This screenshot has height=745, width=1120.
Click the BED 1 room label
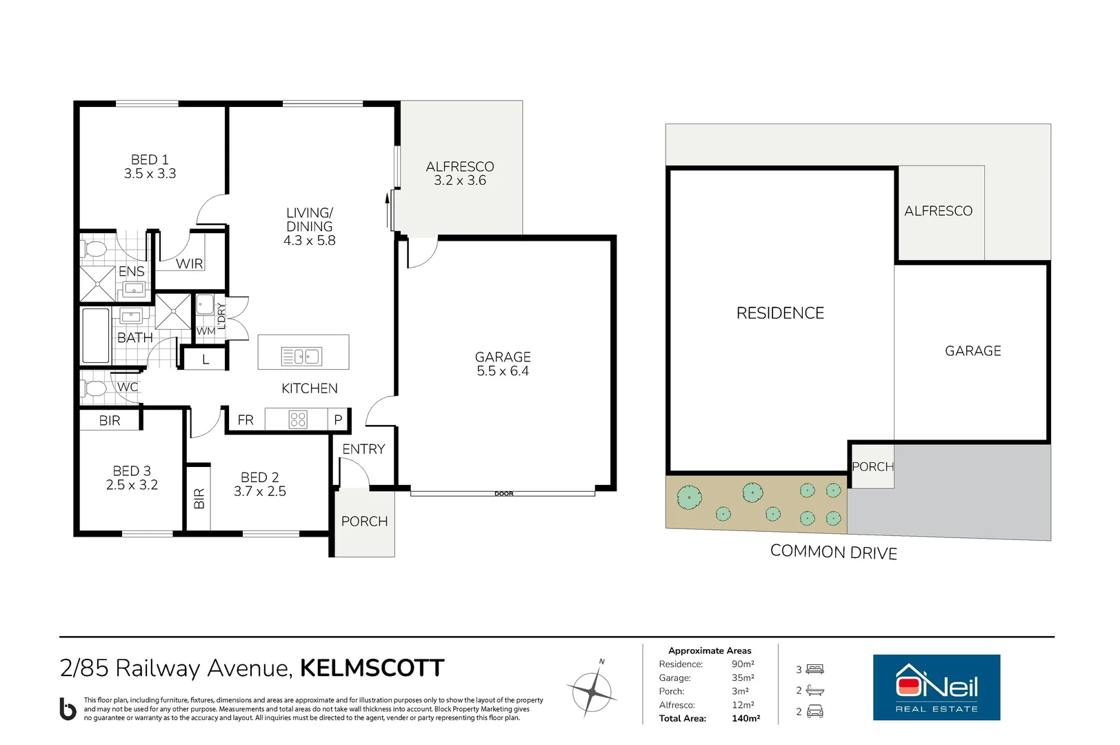click(x=150, y=159)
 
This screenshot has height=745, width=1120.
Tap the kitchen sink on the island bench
click(x=301, y=357)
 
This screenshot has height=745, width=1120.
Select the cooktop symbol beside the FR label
click(x=298, y=419)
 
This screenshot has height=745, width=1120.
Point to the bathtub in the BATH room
click(x=95, y=335)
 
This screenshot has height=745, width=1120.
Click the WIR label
click(x=189, y=264)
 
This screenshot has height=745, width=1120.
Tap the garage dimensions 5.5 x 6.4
click(x=503, y=371)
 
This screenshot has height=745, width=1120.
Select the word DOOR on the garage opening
click(x=504, y=493)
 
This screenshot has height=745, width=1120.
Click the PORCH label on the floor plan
click(x=365, y=521)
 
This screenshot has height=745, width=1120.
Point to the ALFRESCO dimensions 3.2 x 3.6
click(x=459, y=180)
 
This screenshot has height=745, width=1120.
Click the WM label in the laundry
click(x=206, y=331)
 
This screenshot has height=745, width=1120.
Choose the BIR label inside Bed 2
click(x=199, y=499)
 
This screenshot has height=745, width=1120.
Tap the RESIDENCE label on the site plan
click(x=780, y=313)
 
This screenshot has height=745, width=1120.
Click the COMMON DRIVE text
click(x=834, y=551)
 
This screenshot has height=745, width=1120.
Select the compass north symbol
click(x=592, y=692)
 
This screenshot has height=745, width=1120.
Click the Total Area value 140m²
click(x=746, y=718)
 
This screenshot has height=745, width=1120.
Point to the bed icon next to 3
click(x=815, y=669)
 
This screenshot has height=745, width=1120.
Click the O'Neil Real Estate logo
click(x=937, y=688)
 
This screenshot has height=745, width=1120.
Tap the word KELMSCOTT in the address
click(x=372, y=668)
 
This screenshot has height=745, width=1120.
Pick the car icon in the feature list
click(x=815, y=711)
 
